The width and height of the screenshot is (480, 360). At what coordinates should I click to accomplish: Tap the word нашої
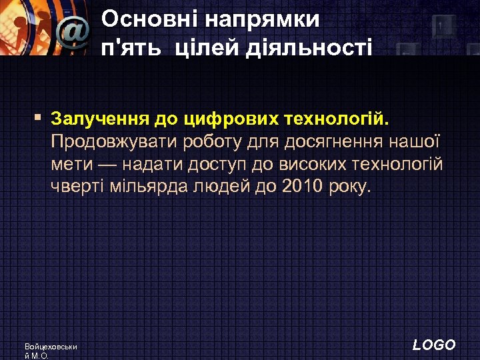(x=417, y=142)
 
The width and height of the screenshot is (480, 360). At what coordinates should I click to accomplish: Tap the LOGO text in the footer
(x=434, y=345)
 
